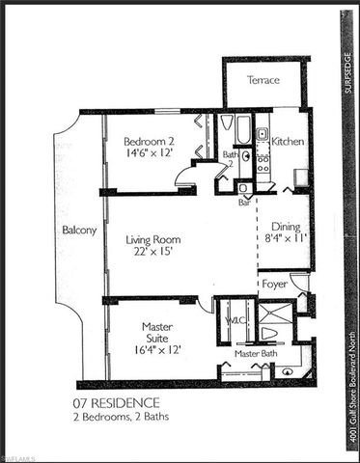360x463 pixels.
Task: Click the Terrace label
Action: [x=263, y=80]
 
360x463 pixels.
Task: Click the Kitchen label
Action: [x=288, y=141]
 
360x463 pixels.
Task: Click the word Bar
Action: [x=245, y=203]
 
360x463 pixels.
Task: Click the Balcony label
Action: [x=78, y=231]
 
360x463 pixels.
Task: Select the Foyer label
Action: [x=274, y=285]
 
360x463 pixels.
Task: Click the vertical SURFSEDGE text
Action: [x=350, y=76]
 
